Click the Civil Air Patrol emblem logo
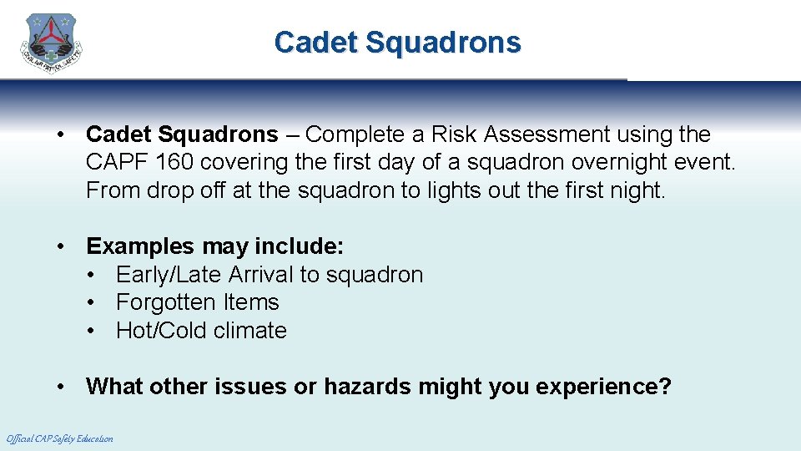[x=52, y=43]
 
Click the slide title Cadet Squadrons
[x=397, y=43]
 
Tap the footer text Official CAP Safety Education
[x=59, y=438]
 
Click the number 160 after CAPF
[x=174, y=162]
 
